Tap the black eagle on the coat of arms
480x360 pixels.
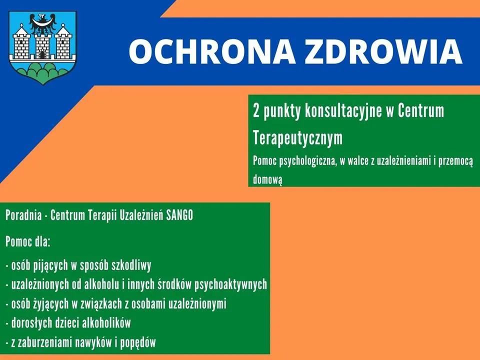[43, 24]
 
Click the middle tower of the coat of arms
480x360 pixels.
[42, 45]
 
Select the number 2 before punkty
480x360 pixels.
[256, 111]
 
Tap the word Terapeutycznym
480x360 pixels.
[297, 138]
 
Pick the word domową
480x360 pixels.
[267, 179]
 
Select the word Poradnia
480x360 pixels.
[23, 215]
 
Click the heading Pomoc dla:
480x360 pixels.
[28, 242]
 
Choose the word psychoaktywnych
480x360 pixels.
[231, 284]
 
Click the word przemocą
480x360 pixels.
[456, 161]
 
